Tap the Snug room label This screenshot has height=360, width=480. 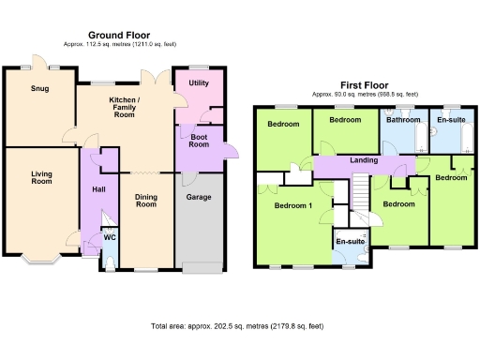tap(39, 90)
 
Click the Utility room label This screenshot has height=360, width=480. tap(199, 83)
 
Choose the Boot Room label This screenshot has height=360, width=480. tap(198, 141)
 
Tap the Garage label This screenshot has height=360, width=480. tap(197, 198)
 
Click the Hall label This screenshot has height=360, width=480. tap(98, 190)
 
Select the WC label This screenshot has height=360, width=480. tap(109, 237)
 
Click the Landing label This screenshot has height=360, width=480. tap(363, 161)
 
